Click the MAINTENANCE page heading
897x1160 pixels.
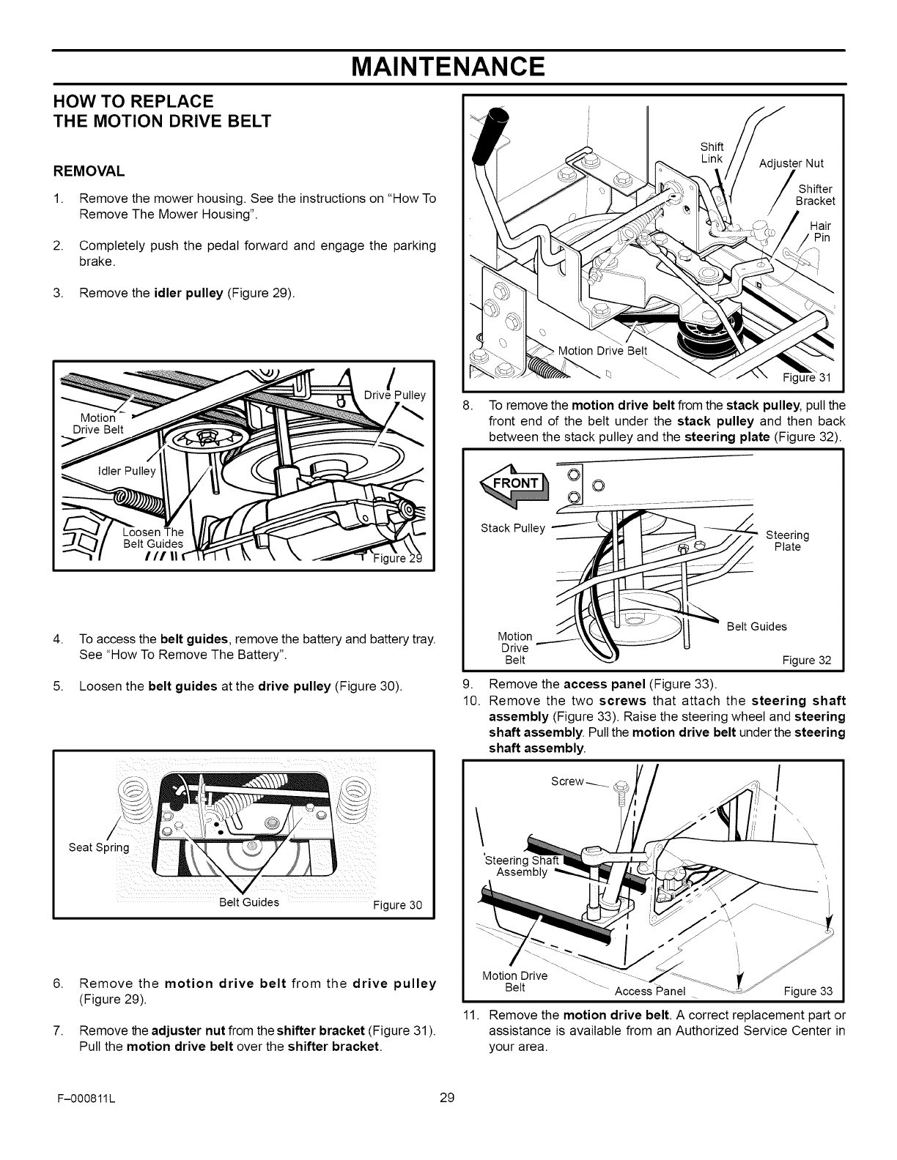pos(448,67)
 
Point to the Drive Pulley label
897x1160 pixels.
pos(394,395)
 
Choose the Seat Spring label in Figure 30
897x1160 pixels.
pos(98,847)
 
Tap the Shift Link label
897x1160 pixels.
pos(712,152)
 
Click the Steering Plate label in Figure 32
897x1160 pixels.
pos(787,540)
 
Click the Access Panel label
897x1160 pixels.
pos(649,992)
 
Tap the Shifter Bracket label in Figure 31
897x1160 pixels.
pos(815,195)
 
